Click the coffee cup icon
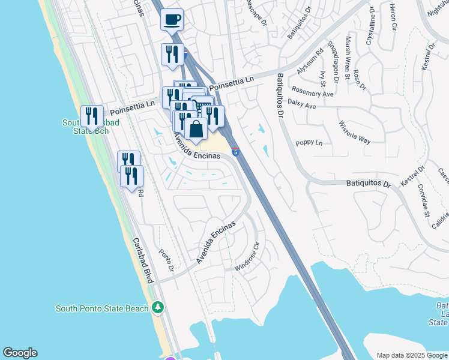[x=172, y=19]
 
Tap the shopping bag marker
[x=196, y=128]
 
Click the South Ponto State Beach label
[x=101, y=308]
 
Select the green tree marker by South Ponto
[x=158, y=308]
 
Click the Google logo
[x=20, y=353]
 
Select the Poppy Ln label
[x=309, y=143]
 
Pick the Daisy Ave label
[x=302, y=106]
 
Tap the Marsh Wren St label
[x=348, y=58]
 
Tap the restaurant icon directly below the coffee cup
[x=172, y=55]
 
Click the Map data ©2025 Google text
[x=412, y=355]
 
